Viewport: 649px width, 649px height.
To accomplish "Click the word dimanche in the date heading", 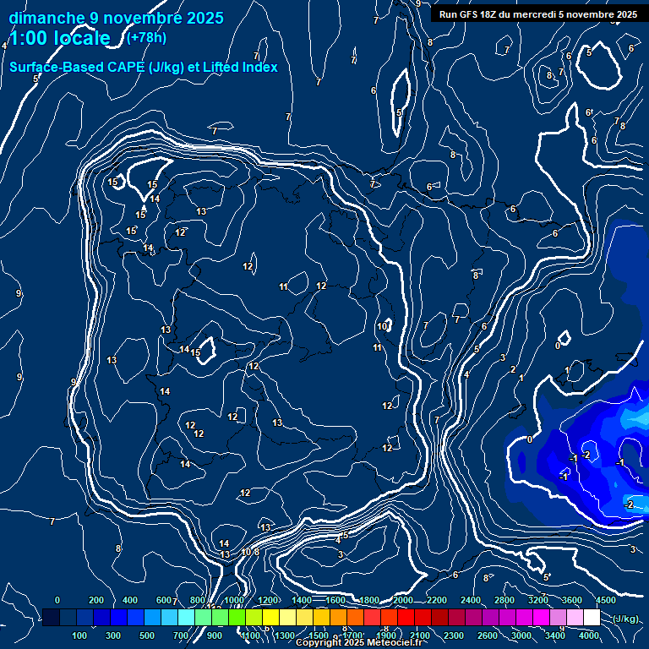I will [x=46, y=18].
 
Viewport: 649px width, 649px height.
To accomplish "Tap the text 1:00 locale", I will [x=59, y=38].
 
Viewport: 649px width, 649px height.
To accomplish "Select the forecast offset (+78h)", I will [x=147, y=37].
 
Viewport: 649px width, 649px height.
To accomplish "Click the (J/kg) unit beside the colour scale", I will [x=624, y=619].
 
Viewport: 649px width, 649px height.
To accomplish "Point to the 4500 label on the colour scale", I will [x=606, y=600].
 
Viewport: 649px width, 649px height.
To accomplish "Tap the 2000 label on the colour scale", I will [x=403, y=600].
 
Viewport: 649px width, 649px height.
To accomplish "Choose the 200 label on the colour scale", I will [x=96, y=600].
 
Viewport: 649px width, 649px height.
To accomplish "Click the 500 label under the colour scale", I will [x=147, y=635].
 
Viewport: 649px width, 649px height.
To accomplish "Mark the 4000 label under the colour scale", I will [x=589, y=635].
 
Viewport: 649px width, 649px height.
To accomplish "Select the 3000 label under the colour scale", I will [x=522, y=635].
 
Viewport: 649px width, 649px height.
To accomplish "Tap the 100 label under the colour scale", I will [x=79, y=635].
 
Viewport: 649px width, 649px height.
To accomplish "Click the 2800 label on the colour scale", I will [x=504, y=600].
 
